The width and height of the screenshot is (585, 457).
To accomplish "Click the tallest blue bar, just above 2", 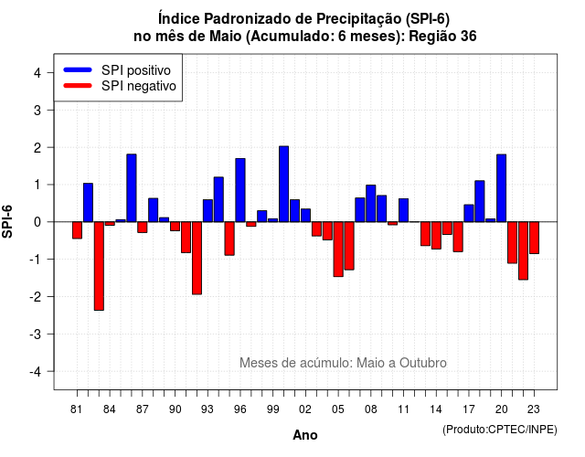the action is (284, 184).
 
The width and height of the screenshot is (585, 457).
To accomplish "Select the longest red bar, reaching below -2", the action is (99, 266).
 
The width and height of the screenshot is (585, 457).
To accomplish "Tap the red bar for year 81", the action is (77, 230).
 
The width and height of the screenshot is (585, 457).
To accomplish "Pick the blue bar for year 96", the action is (240, 190).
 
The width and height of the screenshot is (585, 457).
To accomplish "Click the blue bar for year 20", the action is (502, 188).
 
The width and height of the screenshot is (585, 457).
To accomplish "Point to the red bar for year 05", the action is (338, 250).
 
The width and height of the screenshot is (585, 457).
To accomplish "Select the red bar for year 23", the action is (534, 238).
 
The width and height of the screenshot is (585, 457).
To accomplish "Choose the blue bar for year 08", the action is (371, 203).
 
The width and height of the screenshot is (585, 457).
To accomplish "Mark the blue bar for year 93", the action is (207, 211).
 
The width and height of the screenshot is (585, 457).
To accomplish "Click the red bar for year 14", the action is (436, 236).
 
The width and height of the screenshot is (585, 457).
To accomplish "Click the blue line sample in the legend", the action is (78, 69).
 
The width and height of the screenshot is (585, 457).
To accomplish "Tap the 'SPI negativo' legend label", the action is (139, 86).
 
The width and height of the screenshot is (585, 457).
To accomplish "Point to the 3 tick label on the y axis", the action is (37, 111).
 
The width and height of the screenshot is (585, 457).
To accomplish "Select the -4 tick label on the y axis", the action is (35, 372).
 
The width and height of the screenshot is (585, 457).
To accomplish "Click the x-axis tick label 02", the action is (305, 409).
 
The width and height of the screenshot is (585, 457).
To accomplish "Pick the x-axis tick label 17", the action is (469, 409).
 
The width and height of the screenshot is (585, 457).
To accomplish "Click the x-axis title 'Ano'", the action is (305, 435).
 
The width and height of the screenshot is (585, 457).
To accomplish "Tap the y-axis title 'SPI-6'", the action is (7, 221).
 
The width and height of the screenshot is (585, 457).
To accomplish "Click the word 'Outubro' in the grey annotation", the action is (422, 363).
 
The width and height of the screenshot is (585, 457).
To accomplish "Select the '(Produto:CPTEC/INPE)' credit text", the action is (500, 430).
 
